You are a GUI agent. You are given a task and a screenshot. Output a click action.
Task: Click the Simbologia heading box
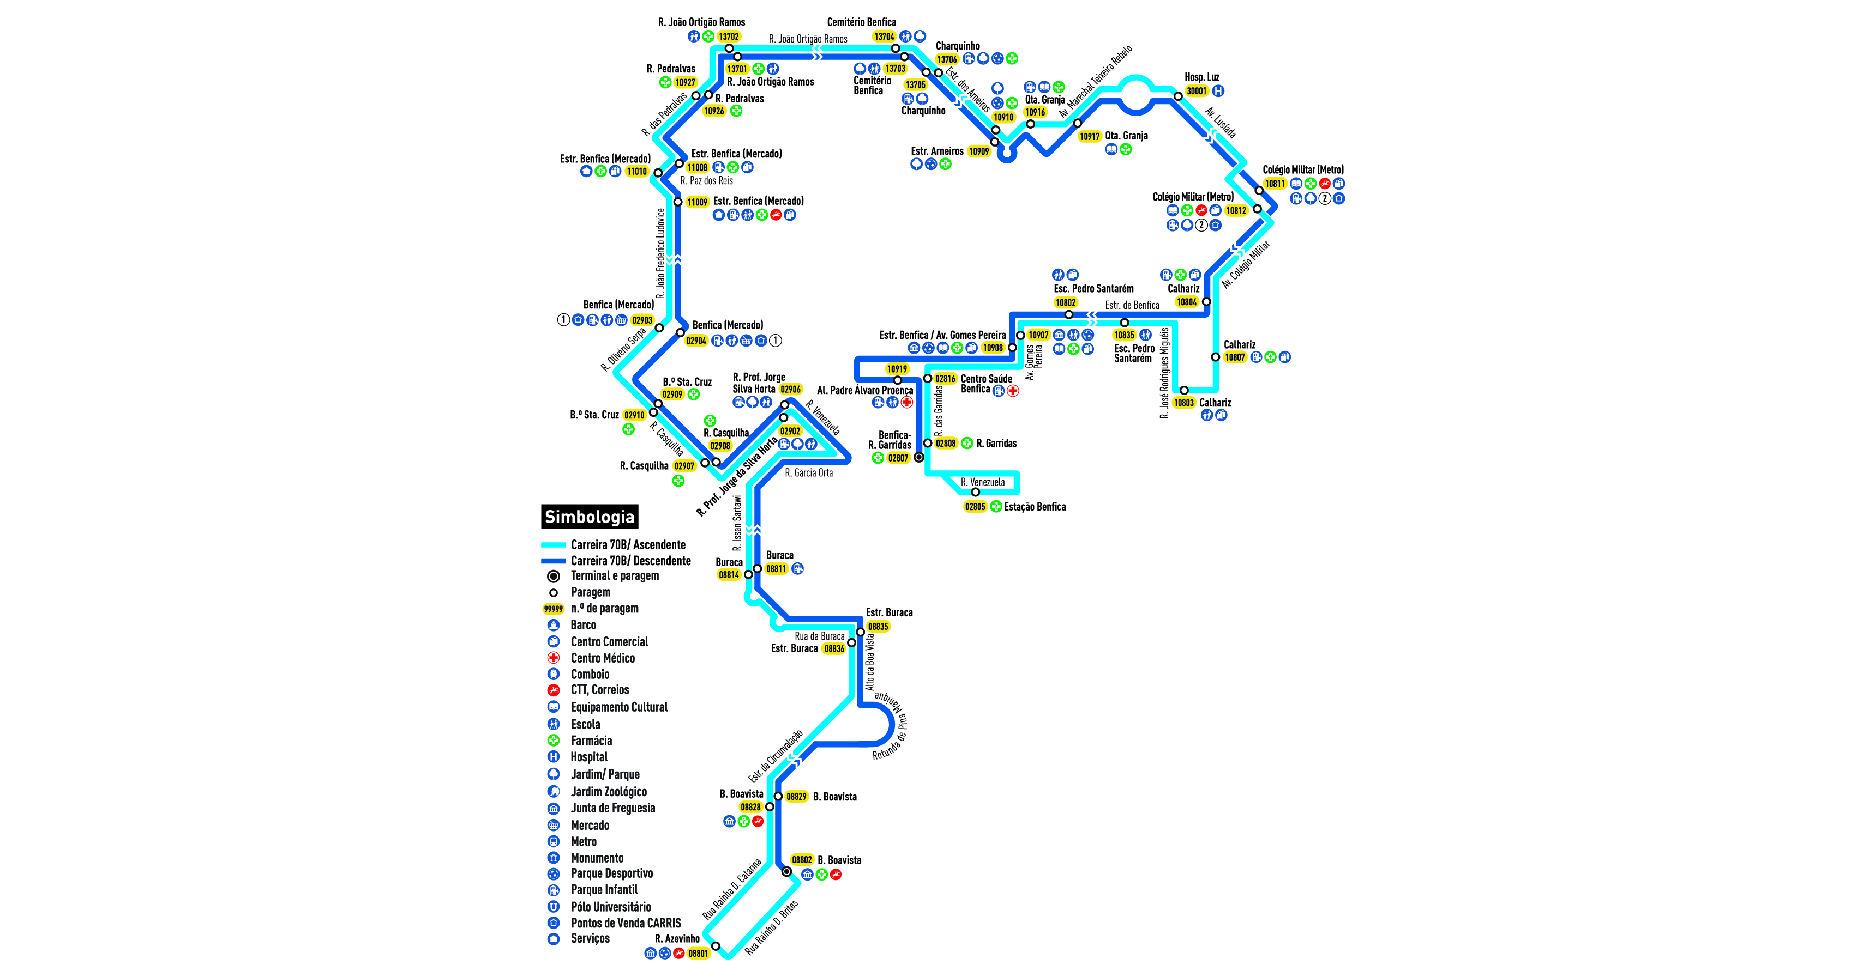point(589,517)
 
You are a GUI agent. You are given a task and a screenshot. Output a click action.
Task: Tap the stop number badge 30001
point(1196,91)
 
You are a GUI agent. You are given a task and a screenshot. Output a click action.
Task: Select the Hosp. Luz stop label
point(1201,77)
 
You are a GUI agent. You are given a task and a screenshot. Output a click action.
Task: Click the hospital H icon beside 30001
point(1218,91)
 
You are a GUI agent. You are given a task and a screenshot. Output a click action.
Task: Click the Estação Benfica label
point(1035,507)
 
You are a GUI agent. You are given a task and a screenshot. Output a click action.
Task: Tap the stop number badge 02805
point(975,507)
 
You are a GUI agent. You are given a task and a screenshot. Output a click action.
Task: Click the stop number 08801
point(698,954)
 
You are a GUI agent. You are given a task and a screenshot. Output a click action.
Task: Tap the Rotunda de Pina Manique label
point(892,727)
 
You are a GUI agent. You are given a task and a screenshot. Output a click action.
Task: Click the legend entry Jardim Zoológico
point(609,792)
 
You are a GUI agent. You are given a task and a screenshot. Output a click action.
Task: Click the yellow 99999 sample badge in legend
point(553,609)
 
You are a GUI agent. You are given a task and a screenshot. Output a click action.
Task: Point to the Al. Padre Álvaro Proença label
point(865,390)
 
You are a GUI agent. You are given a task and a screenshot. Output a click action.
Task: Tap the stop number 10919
point(897,369)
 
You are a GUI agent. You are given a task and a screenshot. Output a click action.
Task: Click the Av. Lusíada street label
point(1221,123)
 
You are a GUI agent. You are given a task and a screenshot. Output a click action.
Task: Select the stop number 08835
point(878,626)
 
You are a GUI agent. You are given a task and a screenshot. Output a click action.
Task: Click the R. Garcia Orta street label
point(809,473)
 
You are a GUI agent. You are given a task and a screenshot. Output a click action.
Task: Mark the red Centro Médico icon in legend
point(553,658)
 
